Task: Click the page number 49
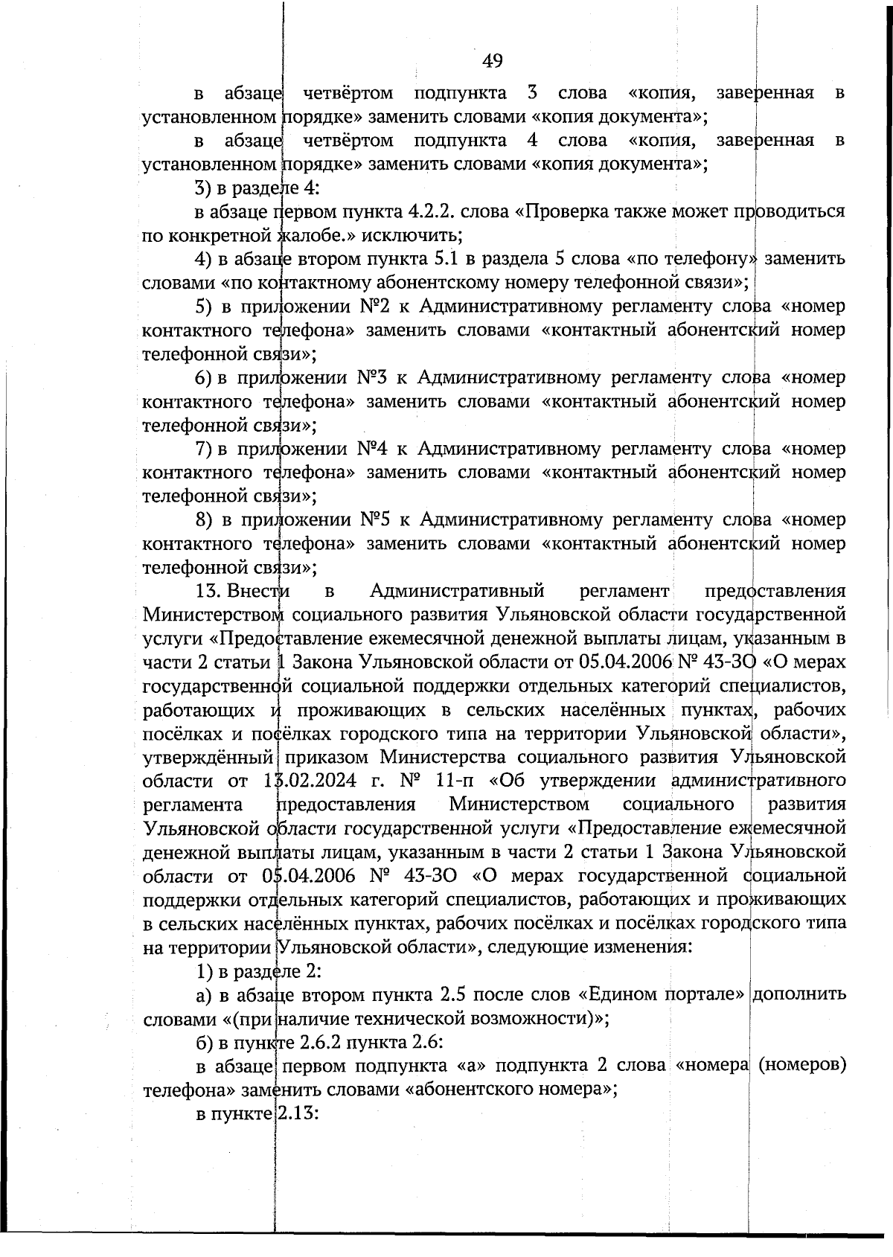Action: pyautogui.click(x=492, y=60)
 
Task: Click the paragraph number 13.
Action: pyautogui.click(x=208, y=591)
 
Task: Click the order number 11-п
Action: pyautogui.click(x=459, y=781)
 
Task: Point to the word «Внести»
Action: pyautogui.click(x=258, y=591)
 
